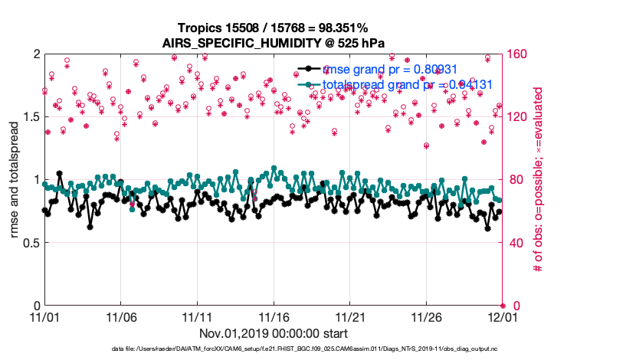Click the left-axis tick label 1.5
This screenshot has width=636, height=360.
pyautogui.click(x=31, y=117)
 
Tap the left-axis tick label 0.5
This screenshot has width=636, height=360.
pyautogui.click(x=31, y=243)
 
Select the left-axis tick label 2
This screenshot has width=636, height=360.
pyautogui.click(x=36, y=54)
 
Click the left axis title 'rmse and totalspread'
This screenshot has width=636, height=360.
pyautogui.click(x=15, y=180)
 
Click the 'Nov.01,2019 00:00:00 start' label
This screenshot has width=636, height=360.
pyautogui.click(x=274, y=334)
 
